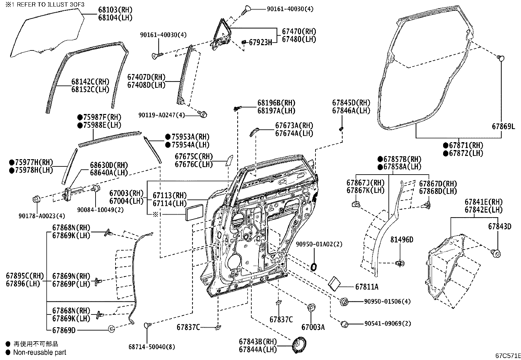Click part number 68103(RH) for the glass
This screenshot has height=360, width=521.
coord(115,10)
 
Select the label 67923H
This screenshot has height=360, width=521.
coord(260,42)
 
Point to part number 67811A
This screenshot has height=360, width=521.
coord(367,287)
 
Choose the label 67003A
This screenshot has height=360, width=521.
coord(313,327)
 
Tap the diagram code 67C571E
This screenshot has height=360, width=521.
coord(508,356)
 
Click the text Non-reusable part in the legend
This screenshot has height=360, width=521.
coord(40,352)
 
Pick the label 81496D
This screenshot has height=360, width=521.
coord(402,240)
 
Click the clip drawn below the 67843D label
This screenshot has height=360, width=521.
coord(496,253)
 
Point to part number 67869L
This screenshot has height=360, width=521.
coord(503,126)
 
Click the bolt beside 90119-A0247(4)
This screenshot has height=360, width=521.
coord(203,114)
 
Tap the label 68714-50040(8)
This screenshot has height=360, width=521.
coord(147,347)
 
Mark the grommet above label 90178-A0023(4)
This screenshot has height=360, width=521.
coord(37,199)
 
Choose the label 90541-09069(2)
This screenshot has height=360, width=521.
coord(387,324)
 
